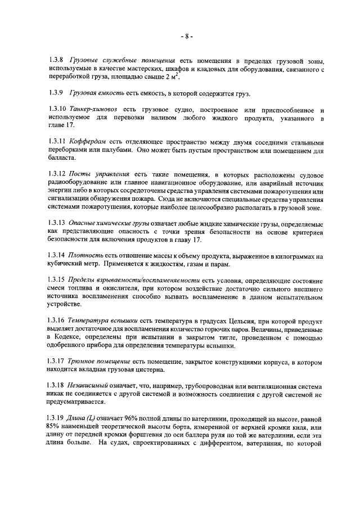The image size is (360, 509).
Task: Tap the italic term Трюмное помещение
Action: click(x=101, y=363)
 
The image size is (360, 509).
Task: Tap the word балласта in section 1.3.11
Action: click(x=63, y=159)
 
